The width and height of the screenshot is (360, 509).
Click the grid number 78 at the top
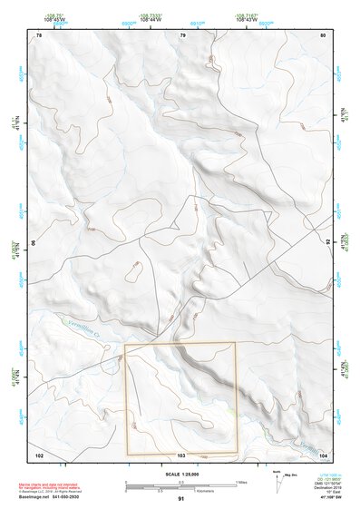pos(39,35)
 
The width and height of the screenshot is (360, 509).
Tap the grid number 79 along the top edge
pos(182,35)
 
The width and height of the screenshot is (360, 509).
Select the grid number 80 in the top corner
pos(324,35)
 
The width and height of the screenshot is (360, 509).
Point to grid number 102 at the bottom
pos(39,454)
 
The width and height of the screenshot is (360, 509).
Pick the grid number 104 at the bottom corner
pos(323,454)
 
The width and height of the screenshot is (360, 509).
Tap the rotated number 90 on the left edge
pos(35,243)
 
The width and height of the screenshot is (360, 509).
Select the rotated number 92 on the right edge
pos(326,243)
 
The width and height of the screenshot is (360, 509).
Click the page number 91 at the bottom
pos(181,499)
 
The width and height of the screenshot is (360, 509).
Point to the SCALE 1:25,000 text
pos(180,473)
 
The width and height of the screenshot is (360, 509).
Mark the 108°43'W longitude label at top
pos(263,19)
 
